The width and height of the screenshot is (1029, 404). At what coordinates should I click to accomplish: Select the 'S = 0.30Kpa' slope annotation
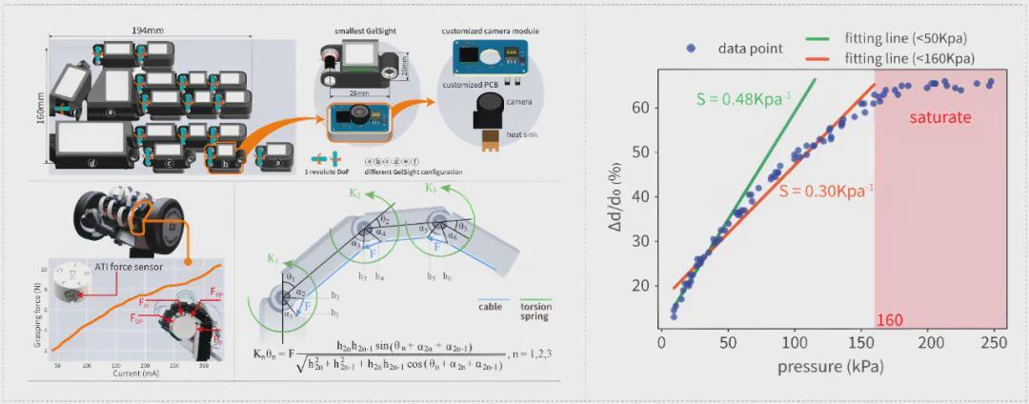[x=825, y=190]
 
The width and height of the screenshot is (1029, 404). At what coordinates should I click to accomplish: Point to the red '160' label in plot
[x=889, y=320]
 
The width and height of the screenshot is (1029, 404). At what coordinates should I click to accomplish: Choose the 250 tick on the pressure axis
[x=995, y=342]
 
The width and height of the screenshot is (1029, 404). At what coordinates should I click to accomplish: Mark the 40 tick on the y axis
[x=642, y=196]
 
